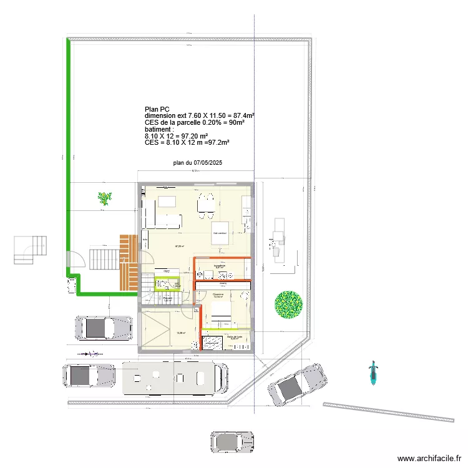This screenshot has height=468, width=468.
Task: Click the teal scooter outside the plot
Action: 373,373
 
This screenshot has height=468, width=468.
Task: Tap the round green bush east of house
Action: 288,305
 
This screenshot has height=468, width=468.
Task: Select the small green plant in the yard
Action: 104,199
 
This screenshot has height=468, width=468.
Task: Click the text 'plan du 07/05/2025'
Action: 198,163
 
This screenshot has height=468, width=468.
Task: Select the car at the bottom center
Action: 232,441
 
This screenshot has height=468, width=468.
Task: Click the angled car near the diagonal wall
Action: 297,383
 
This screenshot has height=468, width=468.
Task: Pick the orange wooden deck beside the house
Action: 129,262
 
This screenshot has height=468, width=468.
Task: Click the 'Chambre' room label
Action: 218,294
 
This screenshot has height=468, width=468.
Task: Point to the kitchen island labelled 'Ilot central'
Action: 220,234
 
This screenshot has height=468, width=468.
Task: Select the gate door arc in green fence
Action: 75,260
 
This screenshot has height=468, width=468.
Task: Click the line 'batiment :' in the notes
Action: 158,129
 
